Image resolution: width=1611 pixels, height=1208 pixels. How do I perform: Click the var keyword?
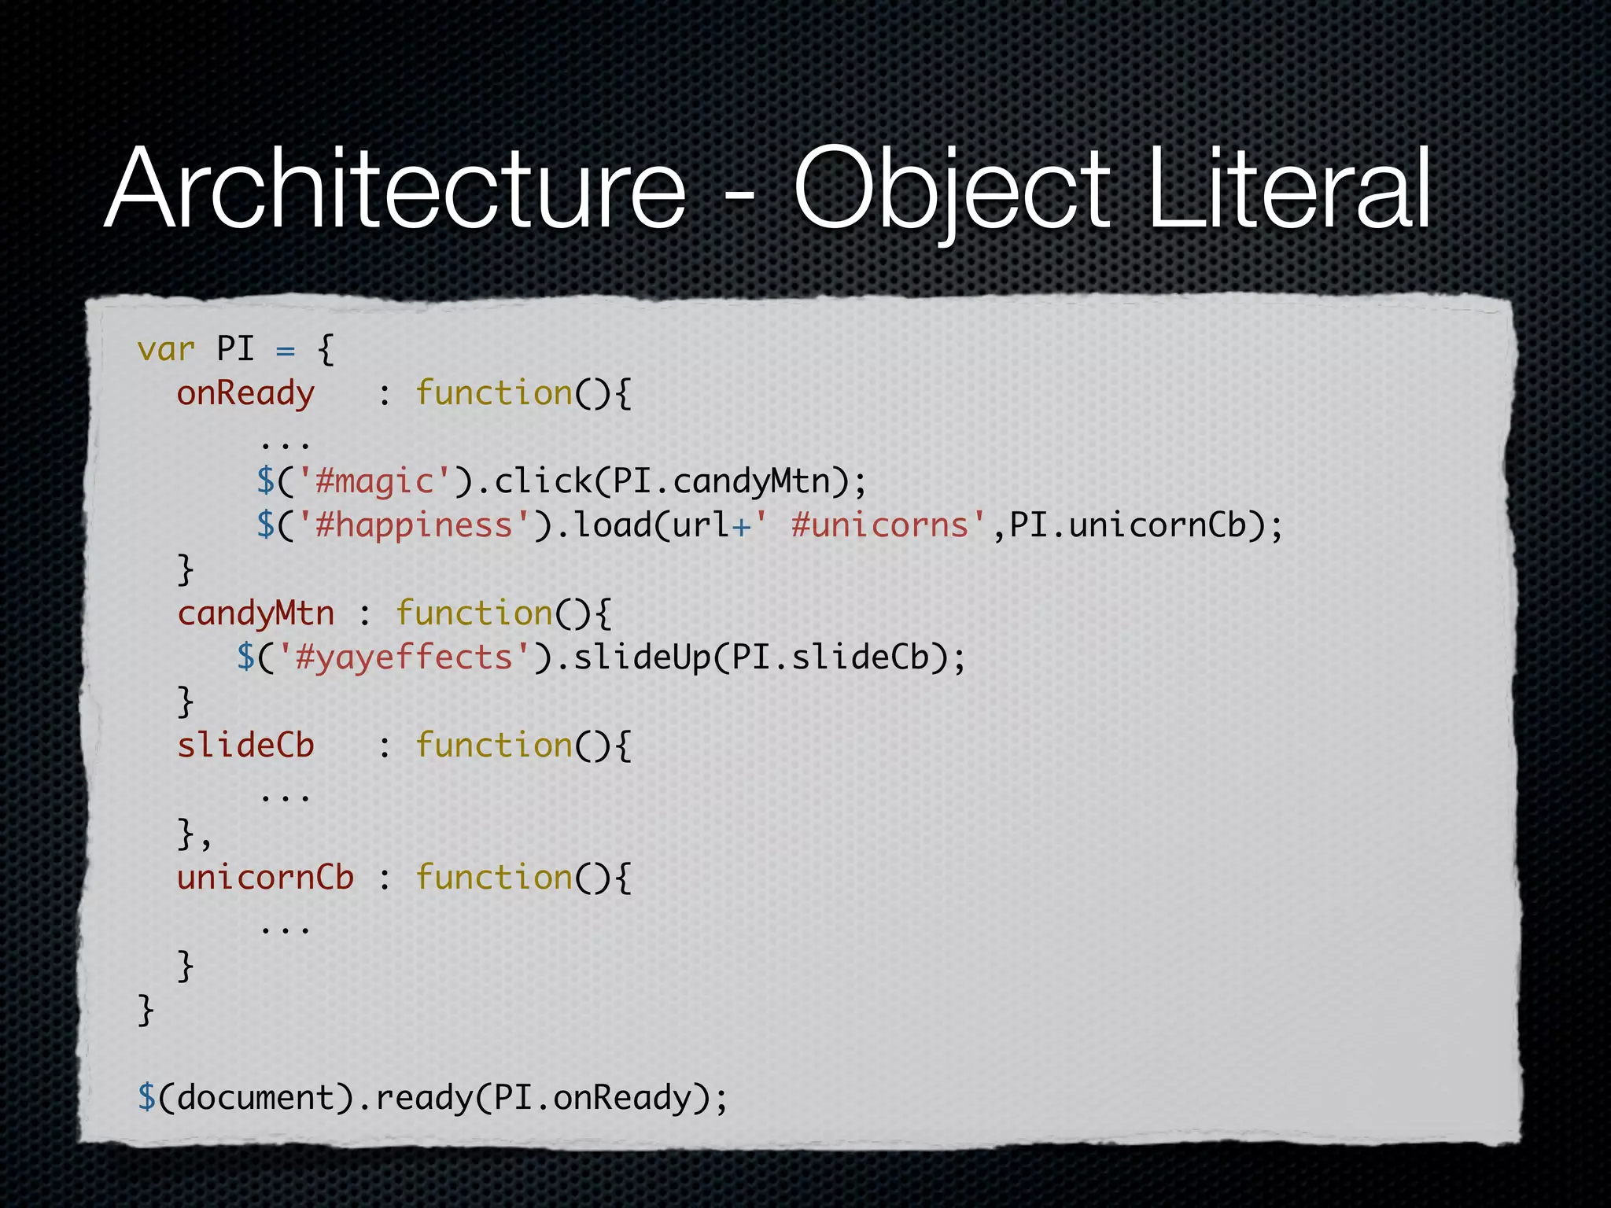(165, 348)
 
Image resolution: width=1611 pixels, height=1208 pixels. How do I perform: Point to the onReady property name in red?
(245, 393)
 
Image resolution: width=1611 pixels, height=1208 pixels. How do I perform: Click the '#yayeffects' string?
(404, 657)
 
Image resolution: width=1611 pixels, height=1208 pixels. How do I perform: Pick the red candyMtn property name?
(256, 613)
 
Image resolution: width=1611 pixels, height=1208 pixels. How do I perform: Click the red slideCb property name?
(245, 745)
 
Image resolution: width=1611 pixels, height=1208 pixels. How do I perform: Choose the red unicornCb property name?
(265, 877)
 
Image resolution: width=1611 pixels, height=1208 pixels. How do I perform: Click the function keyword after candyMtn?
(474, 613)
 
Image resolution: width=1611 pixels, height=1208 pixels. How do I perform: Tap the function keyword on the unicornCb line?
(494, 877)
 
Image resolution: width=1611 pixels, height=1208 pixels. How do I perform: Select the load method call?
(613, 525)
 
